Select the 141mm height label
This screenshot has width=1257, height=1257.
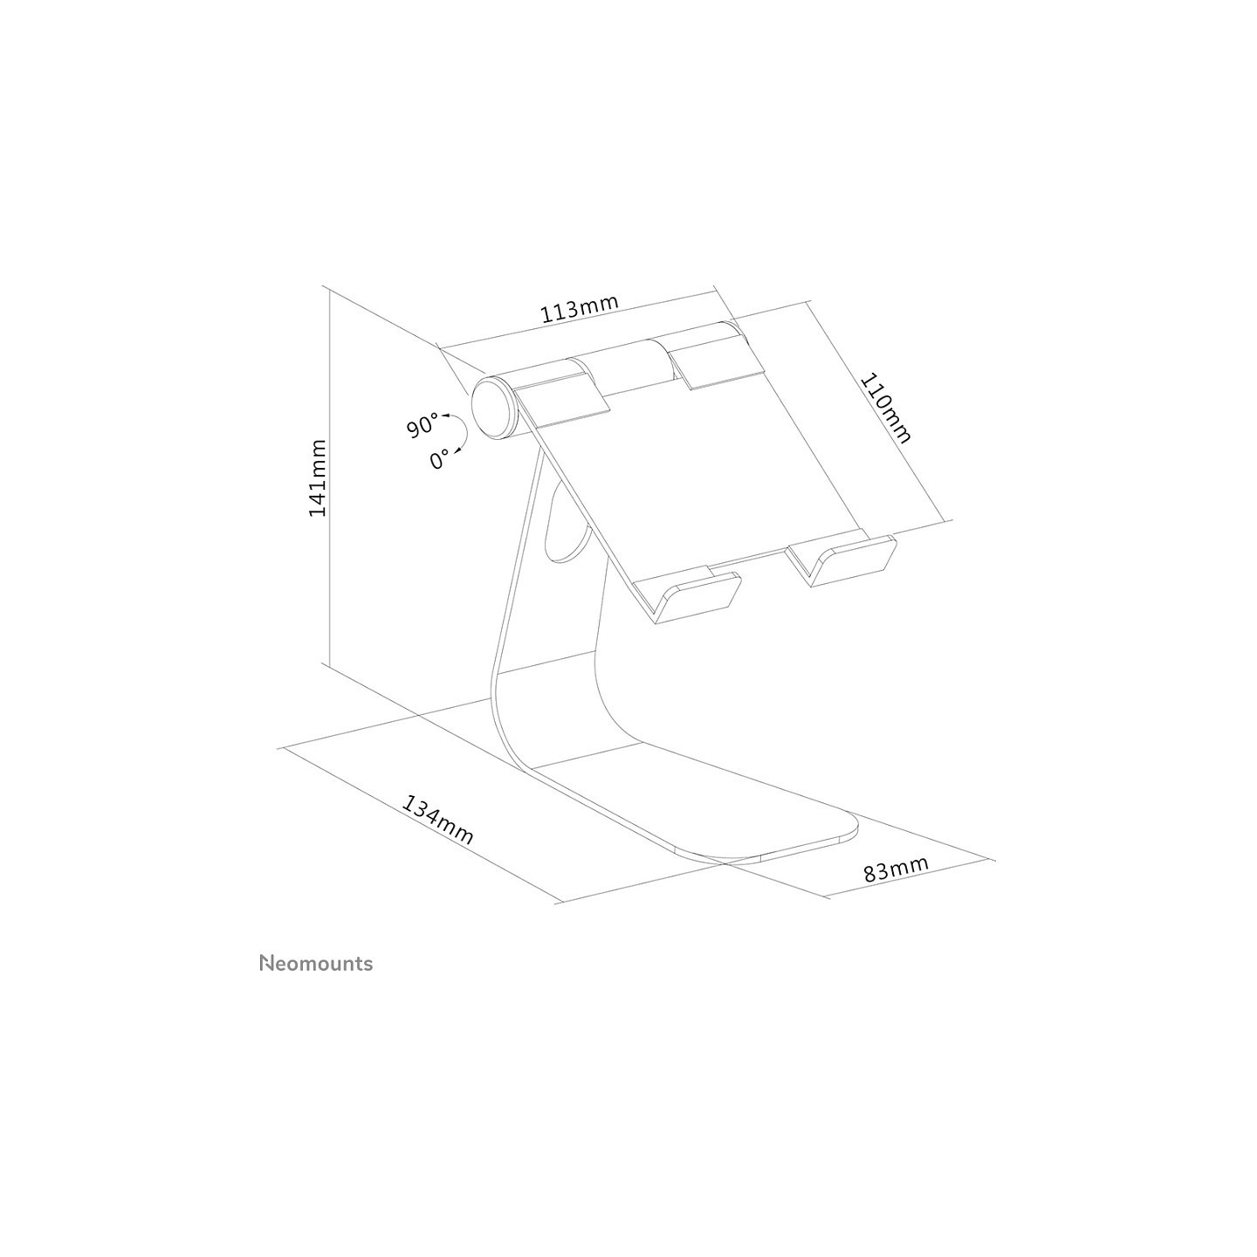[x=317, y=477]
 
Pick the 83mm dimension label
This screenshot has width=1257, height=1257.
[x=896, y=869]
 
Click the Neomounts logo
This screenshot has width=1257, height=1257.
[x=316, y=964]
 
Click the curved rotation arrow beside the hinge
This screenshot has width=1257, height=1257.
[x=459, y=432]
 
